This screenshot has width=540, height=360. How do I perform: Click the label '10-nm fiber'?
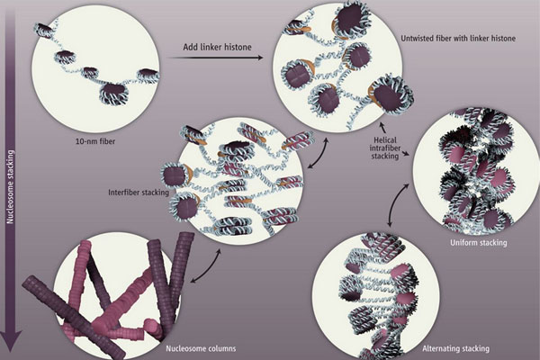tap(95, 141)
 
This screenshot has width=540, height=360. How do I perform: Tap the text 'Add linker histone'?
tap(217, 47)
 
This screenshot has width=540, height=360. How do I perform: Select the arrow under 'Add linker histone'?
tap(216, 58)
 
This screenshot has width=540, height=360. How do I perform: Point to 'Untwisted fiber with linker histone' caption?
tap(458, 38)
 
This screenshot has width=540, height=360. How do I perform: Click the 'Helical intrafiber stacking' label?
tap(384, 148)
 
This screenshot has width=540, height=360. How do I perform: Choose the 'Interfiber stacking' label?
tap(139, 193)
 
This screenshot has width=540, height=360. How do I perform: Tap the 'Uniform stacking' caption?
tap(479, 242)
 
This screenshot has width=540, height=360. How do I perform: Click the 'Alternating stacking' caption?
tap(455, 348)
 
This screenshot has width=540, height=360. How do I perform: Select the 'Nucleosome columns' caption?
tap(201, 348)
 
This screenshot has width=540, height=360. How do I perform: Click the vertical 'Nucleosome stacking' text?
tap(11, 186)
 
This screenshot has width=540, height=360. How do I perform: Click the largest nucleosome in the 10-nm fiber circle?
tap(113, 93)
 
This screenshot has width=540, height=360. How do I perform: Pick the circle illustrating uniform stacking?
tap(476, 171)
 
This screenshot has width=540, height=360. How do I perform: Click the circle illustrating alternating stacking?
tap(375, 296)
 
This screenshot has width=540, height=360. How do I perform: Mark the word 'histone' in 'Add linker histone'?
tap(238, 47)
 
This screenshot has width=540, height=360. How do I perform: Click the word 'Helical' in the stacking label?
tap(385, 140)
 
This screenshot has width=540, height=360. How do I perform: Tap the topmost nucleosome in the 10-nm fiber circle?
tap(44, 30)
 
